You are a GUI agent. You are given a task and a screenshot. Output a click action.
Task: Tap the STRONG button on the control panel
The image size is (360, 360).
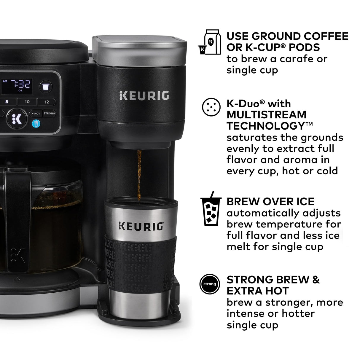coord(49,113)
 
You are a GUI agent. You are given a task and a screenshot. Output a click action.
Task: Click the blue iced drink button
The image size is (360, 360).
coord(36,123)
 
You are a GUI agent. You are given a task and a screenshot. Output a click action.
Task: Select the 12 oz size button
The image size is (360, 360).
coord(47,102)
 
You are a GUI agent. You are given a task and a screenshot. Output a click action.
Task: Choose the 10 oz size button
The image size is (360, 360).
coord(27,102)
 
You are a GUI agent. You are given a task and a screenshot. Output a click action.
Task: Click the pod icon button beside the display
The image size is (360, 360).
coord(45,87)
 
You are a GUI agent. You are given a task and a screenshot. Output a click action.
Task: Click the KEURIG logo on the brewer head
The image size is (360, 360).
coord(144,96)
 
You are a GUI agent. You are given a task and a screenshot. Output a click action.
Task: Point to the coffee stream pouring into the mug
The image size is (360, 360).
coord(139,175)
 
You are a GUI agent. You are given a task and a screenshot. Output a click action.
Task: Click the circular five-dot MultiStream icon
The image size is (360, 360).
coord(211,107)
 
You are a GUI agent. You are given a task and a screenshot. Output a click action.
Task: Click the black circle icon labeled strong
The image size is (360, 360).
coord(210,284)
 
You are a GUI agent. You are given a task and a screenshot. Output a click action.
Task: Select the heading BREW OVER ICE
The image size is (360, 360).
coord(270,202)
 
